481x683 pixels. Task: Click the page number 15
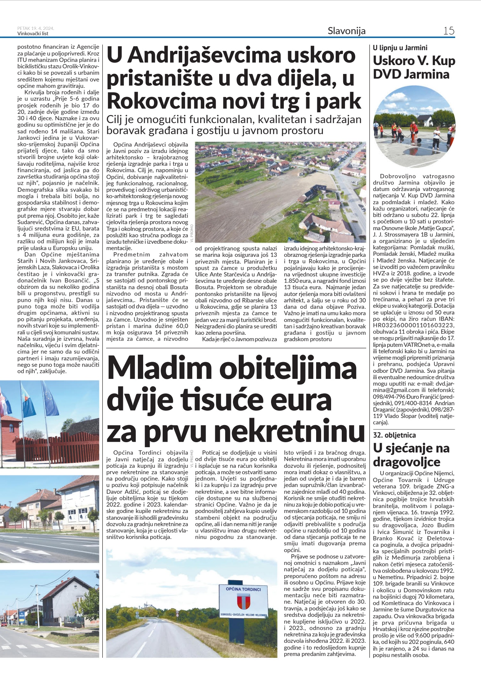[x=449, y=31]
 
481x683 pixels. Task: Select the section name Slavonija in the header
[x=346, y=31]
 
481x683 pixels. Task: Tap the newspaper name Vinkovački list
[x=33, y=34]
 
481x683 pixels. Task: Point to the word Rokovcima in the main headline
[x=162, y=101]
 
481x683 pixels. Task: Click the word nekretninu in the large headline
[x=290, y=432]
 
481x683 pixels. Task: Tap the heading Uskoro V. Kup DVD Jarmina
[x=414, y=68]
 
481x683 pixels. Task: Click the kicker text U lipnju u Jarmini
[x=400, y=48]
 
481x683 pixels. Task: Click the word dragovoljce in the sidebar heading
[x=406, y=462]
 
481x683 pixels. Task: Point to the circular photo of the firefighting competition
[x=414, y=127]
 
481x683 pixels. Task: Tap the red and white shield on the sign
[x=243, y=602]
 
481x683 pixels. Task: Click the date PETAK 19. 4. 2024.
[x=36, y=28]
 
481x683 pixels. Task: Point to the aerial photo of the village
[x=280, y=192]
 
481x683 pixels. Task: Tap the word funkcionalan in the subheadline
[x=223, y=120]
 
